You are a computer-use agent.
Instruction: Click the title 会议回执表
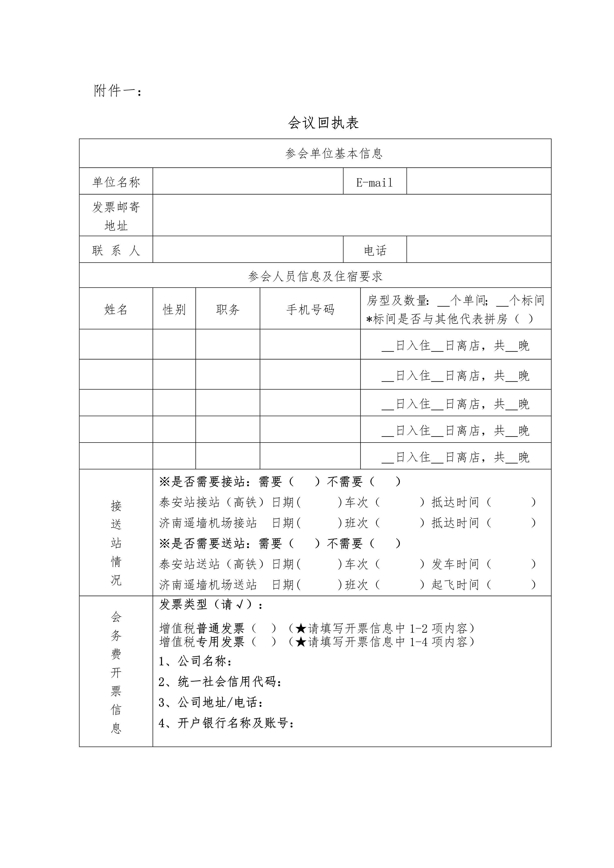click(323, 123)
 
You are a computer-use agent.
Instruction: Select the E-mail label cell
click(374, 183)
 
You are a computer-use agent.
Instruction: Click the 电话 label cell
click(375, 250)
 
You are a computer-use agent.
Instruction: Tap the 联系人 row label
click(116, 250)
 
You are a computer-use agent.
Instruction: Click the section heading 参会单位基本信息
click(334, 153)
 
